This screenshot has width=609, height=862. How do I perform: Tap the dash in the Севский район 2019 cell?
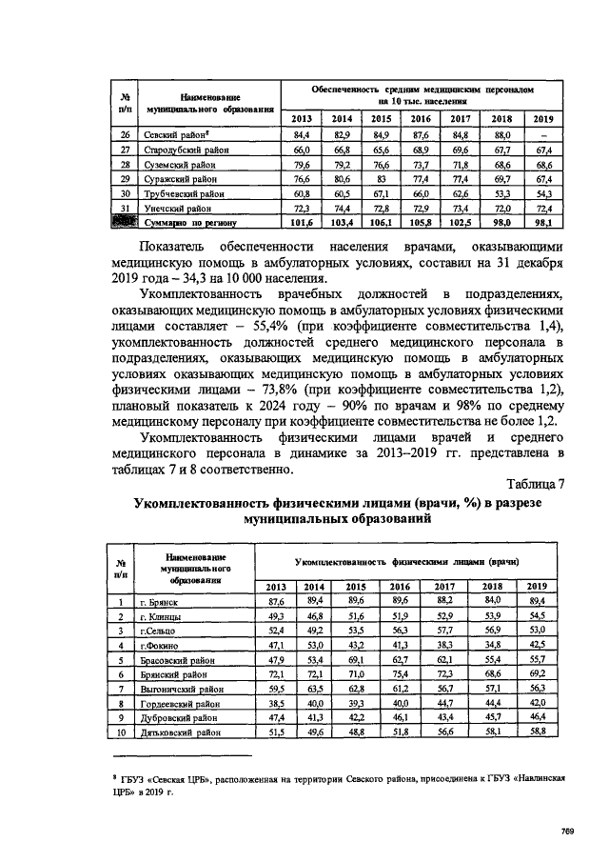tap(541, 136)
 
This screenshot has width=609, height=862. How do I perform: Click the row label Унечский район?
tap(177, 207)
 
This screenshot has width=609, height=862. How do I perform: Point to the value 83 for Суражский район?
tap(381, 178)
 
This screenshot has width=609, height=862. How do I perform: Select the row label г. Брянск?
tap(159, 602)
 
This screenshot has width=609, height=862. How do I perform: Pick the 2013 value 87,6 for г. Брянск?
tap(277, 602)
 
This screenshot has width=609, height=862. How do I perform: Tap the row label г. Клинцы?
tap(161, 616)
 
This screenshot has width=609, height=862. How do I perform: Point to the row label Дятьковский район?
tap(182, 732)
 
